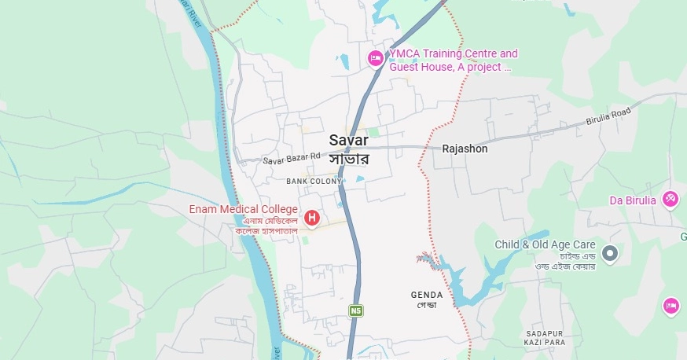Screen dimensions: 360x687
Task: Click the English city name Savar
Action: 349,140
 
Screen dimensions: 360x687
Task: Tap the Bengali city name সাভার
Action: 349,158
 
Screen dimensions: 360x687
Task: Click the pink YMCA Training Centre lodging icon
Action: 376,59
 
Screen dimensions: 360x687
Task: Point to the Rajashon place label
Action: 465,149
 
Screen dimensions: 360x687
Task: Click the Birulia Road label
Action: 608,119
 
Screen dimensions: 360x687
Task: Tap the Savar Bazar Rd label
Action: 292,158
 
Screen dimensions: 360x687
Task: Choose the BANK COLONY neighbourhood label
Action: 314,182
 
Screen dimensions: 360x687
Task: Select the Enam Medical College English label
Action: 243,209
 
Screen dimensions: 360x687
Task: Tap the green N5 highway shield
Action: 357,311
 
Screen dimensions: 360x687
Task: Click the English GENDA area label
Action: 427,295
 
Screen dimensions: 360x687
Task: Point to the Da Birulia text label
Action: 632,200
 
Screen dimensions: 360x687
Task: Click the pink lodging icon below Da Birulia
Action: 671,306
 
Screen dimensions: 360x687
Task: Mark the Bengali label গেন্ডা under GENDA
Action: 427,305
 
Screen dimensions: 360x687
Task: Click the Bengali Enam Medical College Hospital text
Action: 266,226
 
